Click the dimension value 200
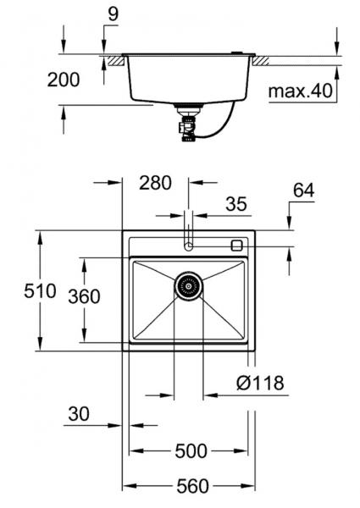coord(64,80)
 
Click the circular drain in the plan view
coord(189,286)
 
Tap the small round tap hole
coord(189,246)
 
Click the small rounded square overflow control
coord(236,245)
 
